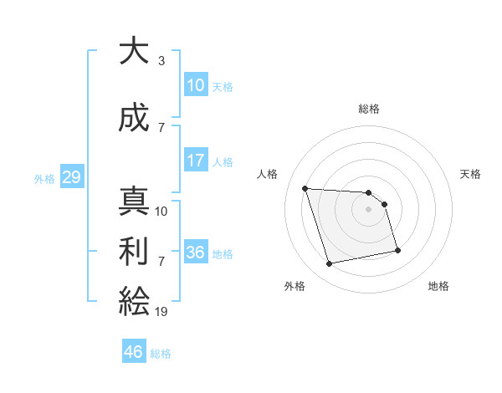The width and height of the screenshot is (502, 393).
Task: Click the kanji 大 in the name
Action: coord(134,51)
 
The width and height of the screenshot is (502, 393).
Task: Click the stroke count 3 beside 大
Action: coord(161,61)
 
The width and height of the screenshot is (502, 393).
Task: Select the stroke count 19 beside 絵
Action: coord(161,311)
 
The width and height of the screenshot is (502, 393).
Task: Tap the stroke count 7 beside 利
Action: coord(161,261)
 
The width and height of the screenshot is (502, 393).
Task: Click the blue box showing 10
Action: coord(196,85)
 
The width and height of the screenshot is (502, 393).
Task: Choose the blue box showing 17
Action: coord(196,161)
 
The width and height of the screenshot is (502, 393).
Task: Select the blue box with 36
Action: coord(196,253)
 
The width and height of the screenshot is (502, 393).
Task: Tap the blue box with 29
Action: coord(71,177)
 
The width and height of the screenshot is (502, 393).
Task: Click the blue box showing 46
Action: coord(134,352)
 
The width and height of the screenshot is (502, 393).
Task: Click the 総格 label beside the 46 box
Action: coord(161,354)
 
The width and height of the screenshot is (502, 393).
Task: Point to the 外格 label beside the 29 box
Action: coord(44,179)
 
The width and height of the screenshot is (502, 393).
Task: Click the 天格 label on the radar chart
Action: coord(471,174)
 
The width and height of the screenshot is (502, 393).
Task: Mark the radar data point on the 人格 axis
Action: coord(305,188)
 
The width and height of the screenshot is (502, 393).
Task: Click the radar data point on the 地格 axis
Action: coord(397,249)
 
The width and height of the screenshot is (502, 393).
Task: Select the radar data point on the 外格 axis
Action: coord(330,264)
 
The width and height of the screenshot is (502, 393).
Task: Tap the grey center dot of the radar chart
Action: coord(369,209)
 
